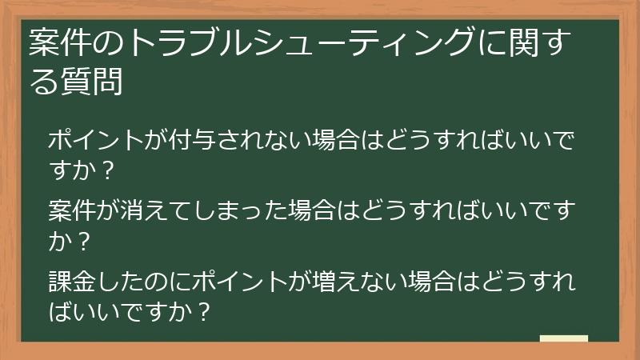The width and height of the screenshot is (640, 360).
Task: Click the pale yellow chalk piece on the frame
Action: (x=563, y=339)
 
